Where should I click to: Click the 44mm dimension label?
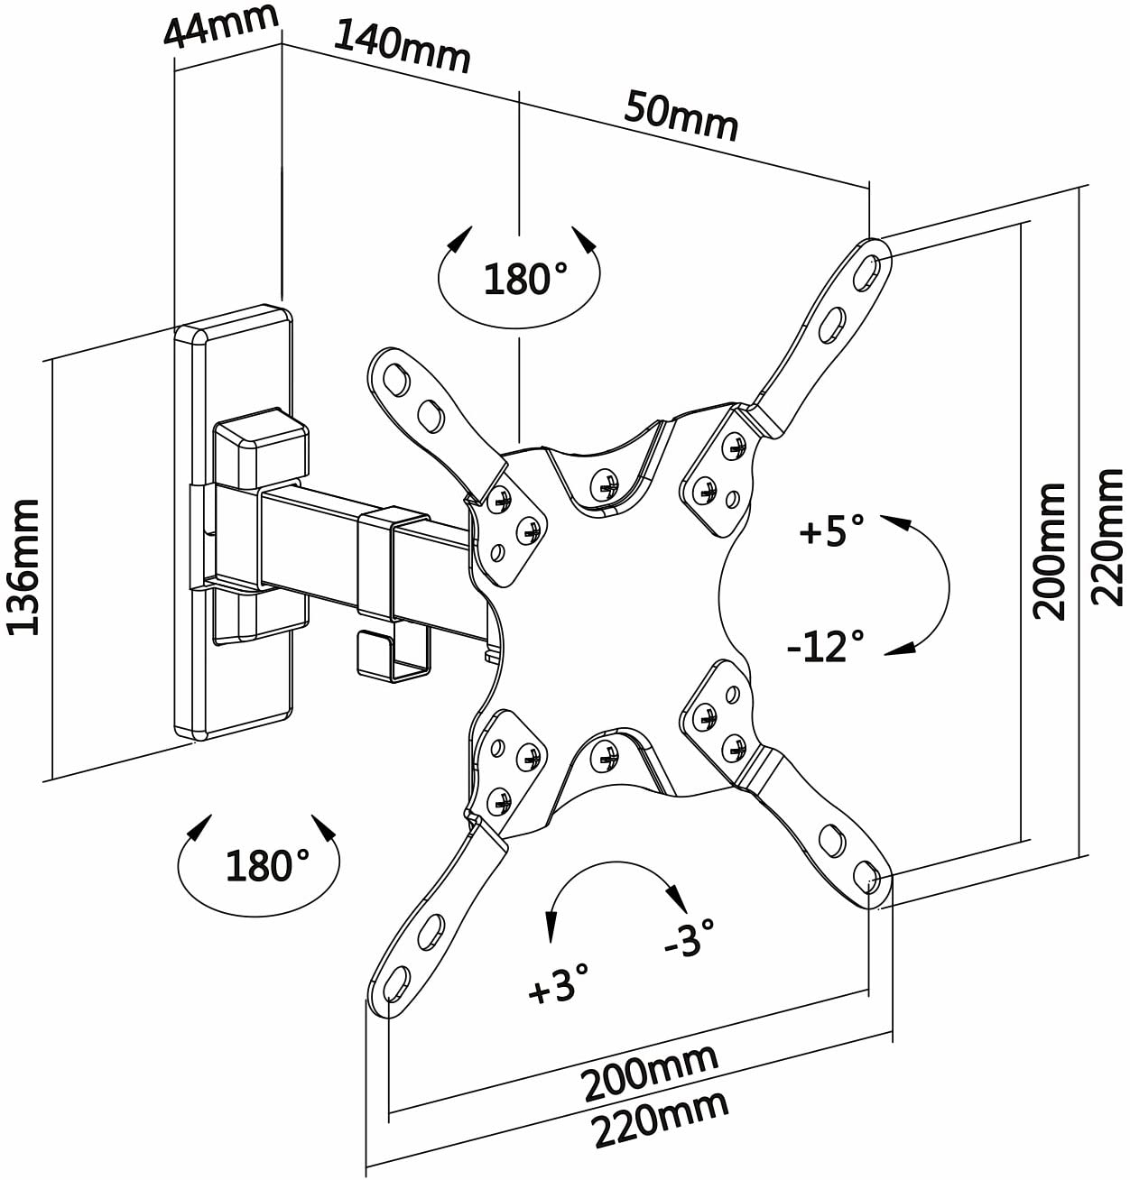(221, 25)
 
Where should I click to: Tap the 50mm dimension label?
(681, 115)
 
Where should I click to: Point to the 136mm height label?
(23, 567)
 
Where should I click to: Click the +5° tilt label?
(831, 528)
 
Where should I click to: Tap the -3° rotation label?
(689, 936)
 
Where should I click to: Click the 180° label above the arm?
(525, 279)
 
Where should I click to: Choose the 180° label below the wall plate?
(267, 865)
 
